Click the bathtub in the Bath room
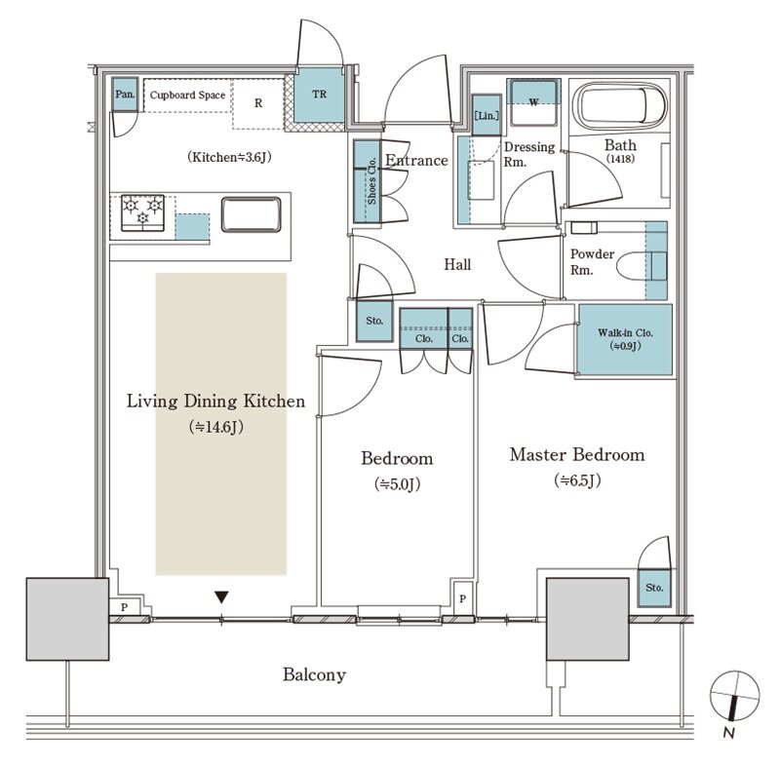coord(620,107)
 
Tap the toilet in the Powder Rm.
coord(642,267)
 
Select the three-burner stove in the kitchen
coord(142,212)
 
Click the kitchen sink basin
coord(252,214)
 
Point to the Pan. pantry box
coord(125,94)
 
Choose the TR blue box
coord(320,95)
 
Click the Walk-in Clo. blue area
coord(625,339)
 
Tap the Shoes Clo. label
coord(371,181)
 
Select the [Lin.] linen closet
coord(486,115)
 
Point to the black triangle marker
coord(221,597)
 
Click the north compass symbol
coord(734,696)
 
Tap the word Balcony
coord(314,674)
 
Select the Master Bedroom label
coord(577,454)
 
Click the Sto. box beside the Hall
coord(374,322)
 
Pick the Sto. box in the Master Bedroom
coord(654,588)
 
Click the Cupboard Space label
coord(187,95)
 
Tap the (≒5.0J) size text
coord(397,484)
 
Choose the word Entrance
coord(417,160)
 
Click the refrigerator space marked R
coord(258,103)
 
